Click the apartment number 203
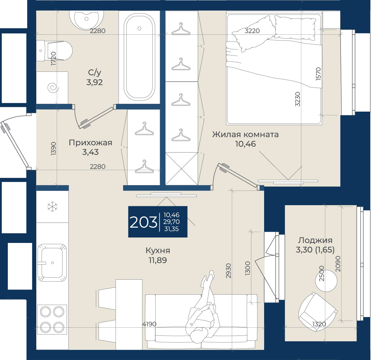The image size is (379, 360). click(x=143, y=222)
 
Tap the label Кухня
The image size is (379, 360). click(x=158, y=250)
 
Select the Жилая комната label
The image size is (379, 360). click(x=245, y=134)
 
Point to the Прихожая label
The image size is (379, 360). click(x=90, y=143)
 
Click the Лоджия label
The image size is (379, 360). click(x=315, y=240)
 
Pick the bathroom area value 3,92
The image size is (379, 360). click(x=94, y=82)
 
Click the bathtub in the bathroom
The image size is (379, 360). click(x=139, y=57)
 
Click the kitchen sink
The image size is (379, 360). click(x=52, y=263)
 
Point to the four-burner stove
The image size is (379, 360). click(x=52, y=320)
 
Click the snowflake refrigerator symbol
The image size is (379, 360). click(x=52, y=207)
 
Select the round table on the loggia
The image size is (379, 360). click(x=326, y=281)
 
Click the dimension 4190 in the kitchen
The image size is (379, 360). click(x=149, y=324)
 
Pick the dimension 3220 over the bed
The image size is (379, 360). click(x=252, y=31)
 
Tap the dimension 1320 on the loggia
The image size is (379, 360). click(x=319, y=324)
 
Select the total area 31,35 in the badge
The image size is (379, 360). click(x=171, y=229)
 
